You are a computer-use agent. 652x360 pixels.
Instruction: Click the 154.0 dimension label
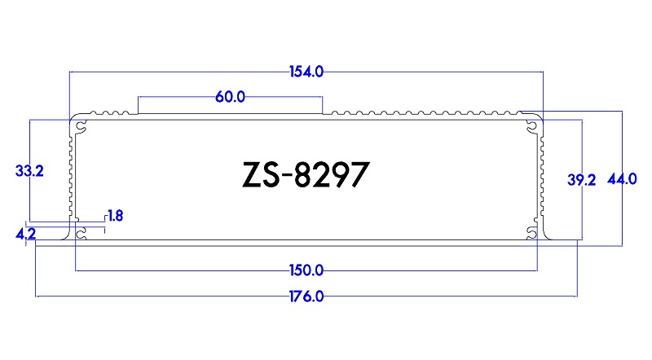pos(306,72)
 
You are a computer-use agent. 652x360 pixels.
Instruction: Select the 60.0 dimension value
pos(230,97)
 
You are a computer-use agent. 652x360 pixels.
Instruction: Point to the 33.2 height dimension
pos(29,171)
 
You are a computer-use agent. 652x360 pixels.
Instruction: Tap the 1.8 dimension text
pos(115,216)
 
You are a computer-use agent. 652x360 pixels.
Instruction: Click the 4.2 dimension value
pos(25,235)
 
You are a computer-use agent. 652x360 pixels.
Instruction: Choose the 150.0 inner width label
pos(306,270)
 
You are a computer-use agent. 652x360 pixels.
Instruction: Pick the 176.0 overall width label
pos(306,296)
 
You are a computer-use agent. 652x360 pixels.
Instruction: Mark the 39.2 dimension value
pos(582,180)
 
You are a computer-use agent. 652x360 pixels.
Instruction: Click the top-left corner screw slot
pos(81,125)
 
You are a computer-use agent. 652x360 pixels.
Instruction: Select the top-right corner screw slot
pos(532,125)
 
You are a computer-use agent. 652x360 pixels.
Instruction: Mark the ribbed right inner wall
pos(540,175)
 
